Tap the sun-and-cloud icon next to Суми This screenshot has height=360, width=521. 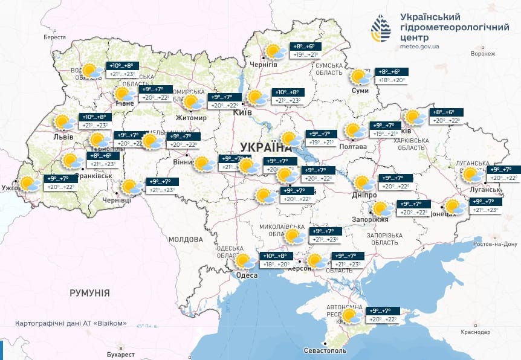point(361,77)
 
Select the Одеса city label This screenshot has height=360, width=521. point(247,275)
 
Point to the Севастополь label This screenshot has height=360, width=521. point(325,350)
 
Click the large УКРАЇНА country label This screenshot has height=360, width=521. point(266,147)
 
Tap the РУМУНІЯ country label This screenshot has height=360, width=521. point(89,293)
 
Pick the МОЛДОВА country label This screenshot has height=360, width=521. point(186,240)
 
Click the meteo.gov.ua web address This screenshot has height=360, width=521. point(419,46)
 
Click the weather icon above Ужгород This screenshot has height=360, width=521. point(28,183)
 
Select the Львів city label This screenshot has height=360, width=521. point(63,137)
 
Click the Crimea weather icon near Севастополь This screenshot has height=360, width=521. point(351,315)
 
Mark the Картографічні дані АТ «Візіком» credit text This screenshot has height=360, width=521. point(71,323)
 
